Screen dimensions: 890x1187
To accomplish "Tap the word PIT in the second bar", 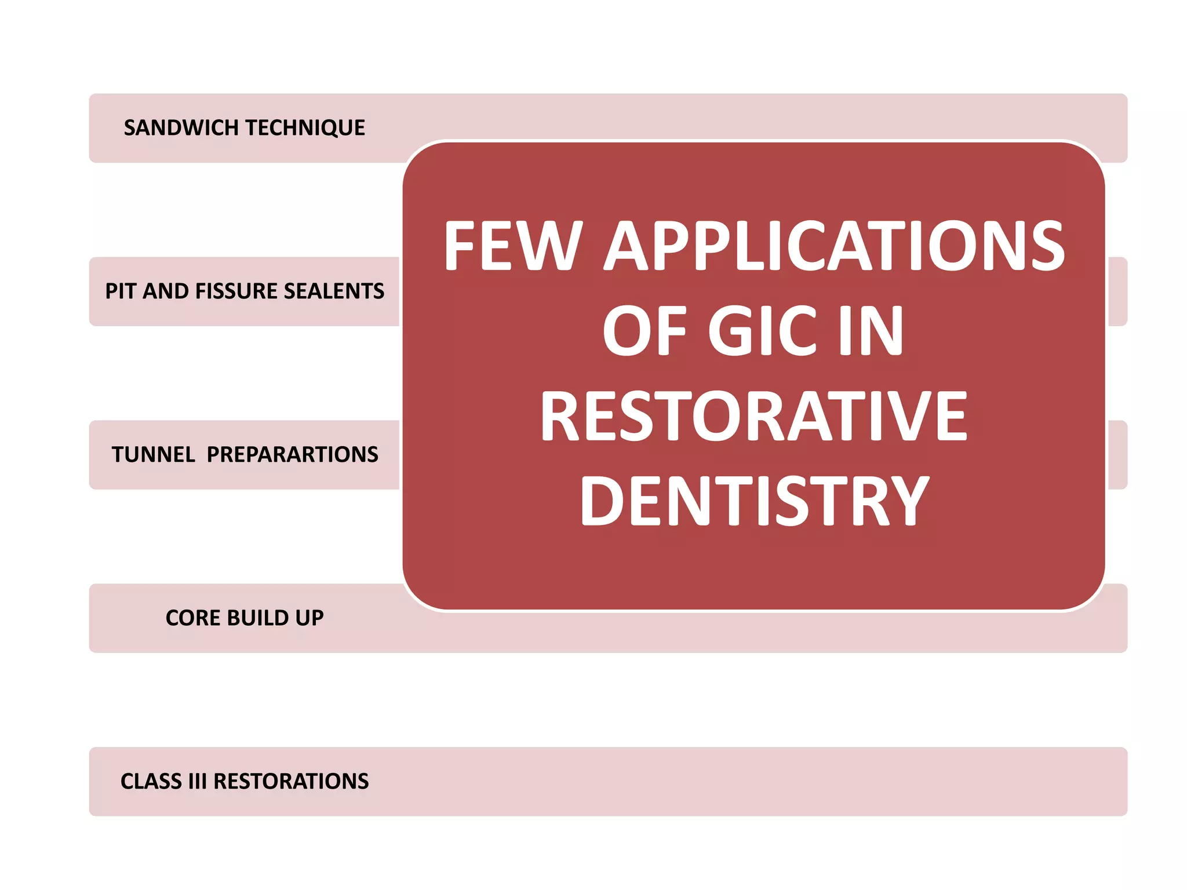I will coord(121,291).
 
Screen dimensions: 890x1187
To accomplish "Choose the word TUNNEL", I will coord(153,455).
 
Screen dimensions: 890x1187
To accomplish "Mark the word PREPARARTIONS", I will coord(292,455).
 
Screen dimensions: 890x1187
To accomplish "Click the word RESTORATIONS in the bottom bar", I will coord(291,782).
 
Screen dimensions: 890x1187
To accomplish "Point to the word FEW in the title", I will coord(514,246).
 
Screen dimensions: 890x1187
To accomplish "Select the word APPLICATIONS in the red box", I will coord(835,246).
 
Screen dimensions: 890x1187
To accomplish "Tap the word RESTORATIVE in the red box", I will coord(753,417).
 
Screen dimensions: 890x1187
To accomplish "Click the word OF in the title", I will coord(645,331).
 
